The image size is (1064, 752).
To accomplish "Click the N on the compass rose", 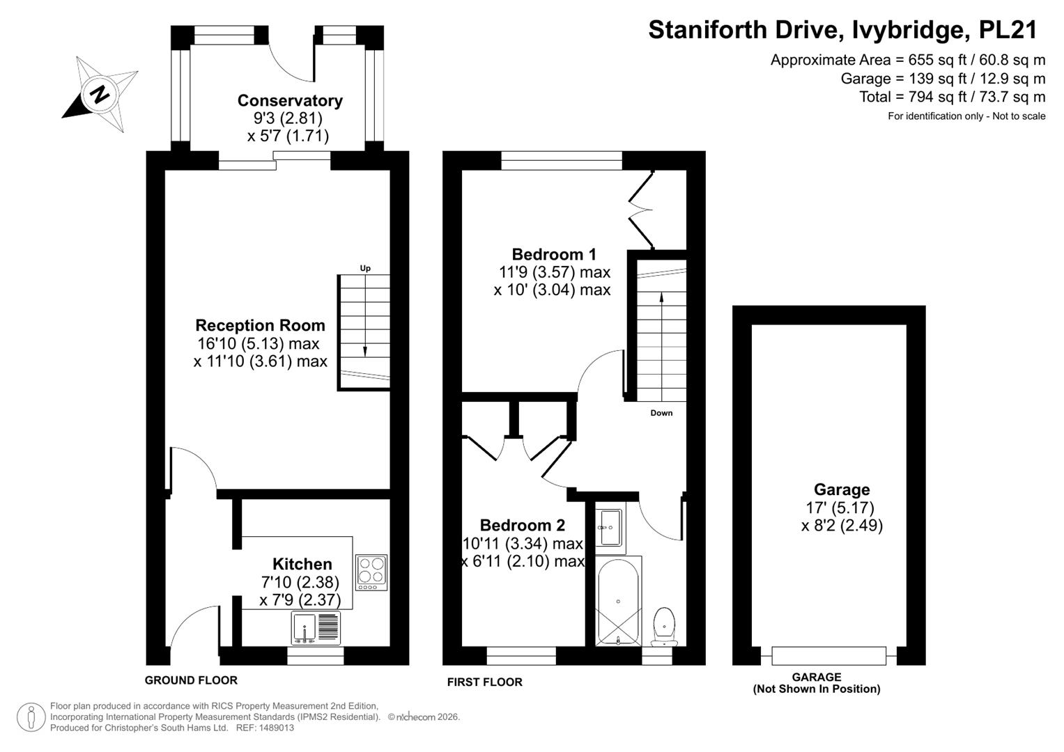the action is (x=100, y=95).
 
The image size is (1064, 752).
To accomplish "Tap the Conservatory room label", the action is (x=290, y=101).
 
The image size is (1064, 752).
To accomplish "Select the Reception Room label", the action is (x=261, y=325).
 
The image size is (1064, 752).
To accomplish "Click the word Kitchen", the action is (x=302, y=564).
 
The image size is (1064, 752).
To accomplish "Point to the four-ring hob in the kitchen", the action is (x=371, y=572).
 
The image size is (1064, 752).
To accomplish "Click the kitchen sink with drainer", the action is (x=316, y=628).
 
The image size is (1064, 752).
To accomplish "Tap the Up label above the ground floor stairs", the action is (x=365, y=268).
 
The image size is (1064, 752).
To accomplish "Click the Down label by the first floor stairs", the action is (x=661, y=413).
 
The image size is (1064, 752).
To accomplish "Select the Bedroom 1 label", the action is (x=554, y=254).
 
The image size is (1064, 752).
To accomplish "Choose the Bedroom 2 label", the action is (x=523, y=525).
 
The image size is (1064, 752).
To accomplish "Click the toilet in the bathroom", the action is (x=665, y=627).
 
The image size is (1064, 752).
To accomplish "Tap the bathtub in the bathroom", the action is (x=618, y=602).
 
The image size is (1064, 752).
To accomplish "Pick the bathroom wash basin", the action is (x=610, y=528).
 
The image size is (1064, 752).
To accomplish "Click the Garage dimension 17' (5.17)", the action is (x=840, y=508).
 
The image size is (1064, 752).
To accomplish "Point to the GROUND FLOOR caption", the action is (x=191, y=680).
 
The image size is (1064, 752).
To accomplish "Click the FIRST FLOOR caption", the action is (x=484, y=682).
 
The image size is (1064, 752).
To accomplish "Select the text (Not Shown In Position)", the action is (x=817, y=689).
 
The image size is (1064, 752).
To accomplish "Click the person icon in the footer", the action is (x=31, y=717).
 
